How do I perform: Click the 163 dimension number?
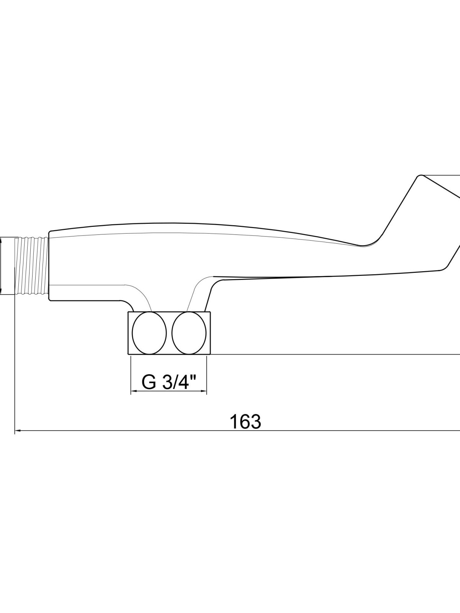coord(245,422)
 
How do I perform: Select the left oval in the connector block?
coord(149,333)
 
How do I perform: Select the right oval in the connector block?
coord(189,333)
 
